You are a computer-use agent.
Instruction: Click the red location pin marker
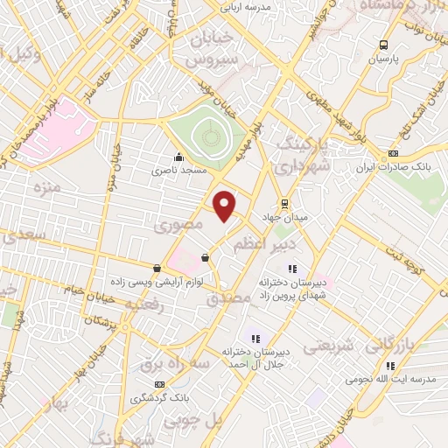[x=225, y=205]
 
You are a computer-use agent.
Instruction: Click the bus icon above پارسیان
[x=383, y=45]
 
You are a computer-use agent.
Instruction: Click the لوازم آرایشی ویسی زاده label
[x=144, y=283]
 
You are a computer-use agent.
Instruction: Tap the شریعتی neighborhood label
[x=331, y=347]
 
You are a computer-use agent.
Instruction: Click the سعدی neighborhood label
[x=22, y=236]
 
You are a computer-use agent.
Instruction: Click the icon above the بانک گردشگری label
[x=159, y=384]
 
